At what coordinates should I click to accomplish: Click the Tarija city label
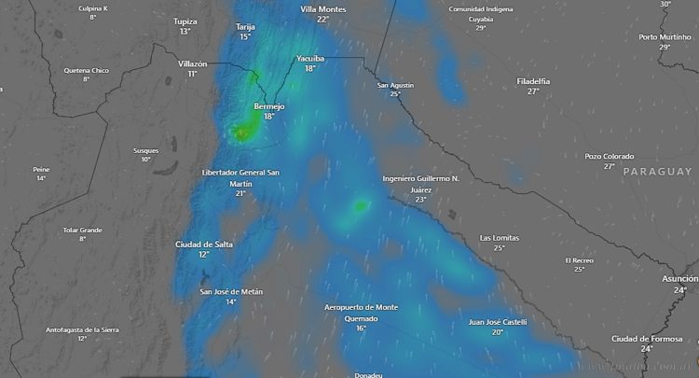[x=245, y=27]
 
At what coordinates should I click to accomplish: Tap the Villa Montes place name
[x=322, y=8]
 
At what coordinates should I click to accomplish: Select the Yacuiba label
[x=310, y=58]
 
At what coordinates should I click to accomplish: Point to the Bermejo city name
[x=268, y=106]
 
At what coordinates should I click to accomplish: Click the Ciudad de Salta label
[x=204, y=244]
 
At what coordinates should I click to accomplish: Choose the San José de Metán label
[x=231, y=291]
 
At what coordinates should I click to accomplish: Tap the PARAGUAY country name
[x=658, y=172]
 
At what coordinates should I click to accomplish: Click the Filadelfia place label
[x=533, y=81]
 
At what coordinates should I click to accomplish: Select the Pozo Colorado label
[x=609, y=156]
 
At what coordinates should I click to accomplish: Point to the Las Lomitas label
[x=499, y=237]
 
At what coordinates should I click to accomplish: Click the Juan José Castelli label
[x=498, y=322]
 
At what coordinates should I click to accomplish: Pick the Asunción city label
[x=679, y=278]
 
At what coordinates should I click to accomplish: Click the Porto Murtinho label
[x=665, y=36]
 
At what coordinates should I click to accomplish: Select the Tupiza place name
[x=185, y=21]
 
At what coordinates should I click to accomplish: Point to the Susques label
[x=145, y=150]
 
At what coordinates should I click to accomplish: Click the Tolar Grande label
[x=82, y=230]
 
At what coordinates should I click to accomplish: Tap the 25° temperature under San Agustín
[x=395, y=93]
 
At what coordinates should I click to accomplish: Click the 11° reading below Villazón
[x=192, y=73]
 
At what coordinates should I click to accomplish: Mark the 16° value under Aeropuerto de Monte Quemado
[x=361, y=328]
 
